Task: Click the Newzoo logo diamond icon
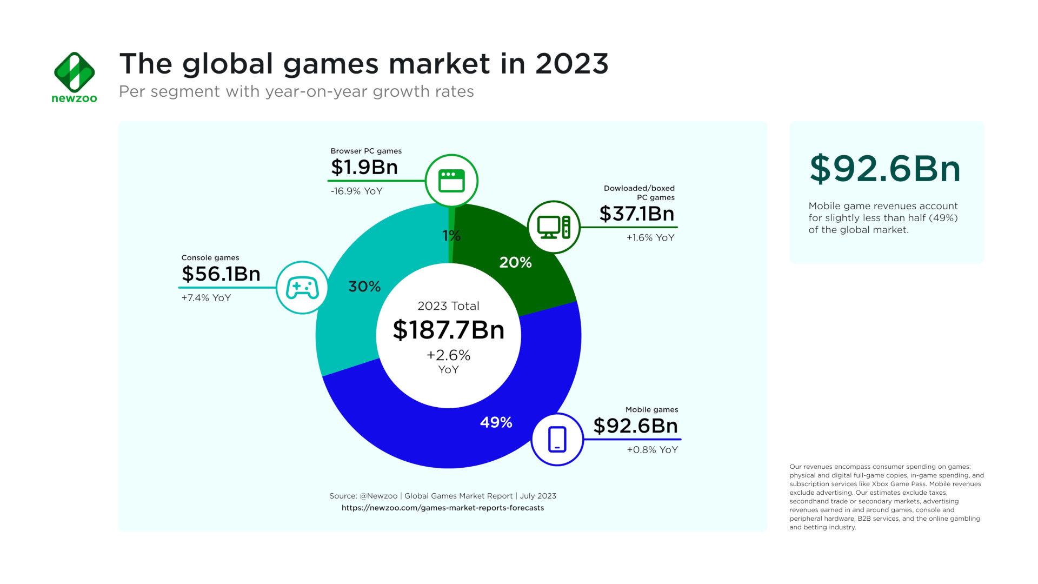[x=75, y=71]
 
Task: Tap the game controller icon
[x=302, y=288]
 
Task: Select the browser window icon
[x=451, y=181]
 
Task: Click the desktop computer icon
[x=554, y=227]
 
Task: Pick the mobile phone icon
[x=557, y=439]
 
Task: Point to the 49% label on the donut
[x=496, y=422]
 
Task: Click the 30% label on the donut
[x=364, y=287]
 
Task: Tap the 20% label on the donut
[x=515, y=263]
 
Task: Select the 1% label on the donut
[x=451, y=236]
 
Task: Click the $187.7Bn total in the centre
[x=448, y=330]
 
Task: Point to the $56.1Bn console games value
[x=221, y=274]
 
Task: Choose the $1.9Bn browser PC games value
[x=364, y=167]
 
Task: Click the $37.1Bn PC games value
[x=637, y=214]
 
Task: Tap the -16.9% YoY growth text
[x=356, y=191]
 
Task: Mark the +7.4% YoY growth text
[x=206, y=298]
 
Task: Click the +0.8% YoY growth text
[x=652, y=450]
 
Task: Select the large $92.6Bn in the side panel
[x=885, y=169]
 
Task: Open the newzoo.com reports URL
[x=443, y=508]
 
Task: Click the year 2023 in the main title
[x=571, y=64]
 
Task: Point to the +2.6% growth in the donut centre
[x=448, y=355]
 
